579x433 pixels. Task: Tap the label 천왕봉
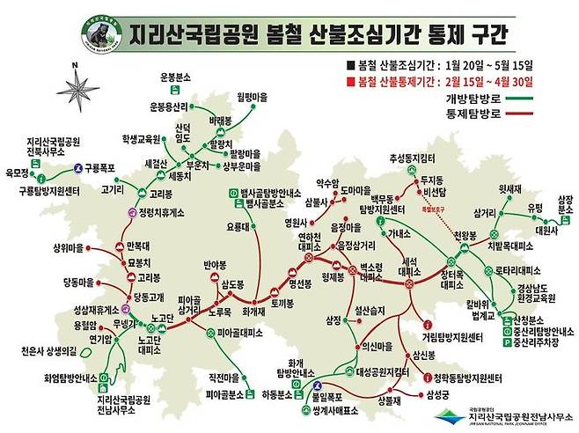(464, 235)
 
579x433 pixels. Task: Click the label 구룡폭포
(101, 165)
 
